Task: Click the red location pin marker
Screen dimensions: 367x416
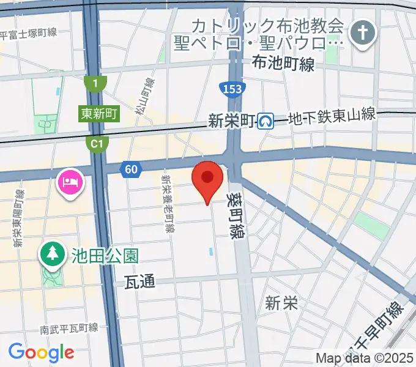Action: point(207,179)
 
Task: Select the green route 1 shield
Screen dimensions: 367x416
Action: point(95,83)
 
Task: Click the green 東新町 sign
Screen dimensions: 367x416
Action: point(98,113)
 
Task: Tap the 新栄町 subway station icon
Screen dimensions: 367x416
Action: point(266,121)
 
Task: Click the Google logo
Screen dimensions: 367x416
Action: point(41,352)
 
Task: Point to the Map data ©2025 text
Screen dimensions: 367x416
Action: point(365,358)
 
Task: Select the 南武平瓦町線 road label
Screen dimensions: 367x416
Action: point(69,328)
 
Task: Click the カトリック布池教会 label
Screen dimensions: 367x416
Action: point(267,26)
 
